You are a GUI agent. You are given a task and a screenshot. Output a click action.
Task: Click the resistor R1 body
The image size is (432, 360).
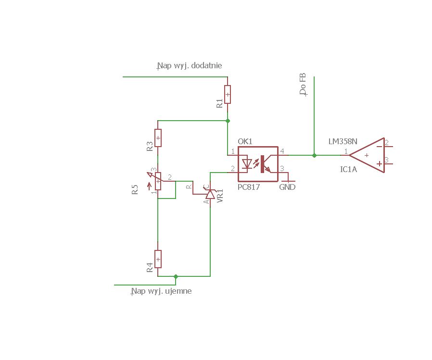click(228, 94)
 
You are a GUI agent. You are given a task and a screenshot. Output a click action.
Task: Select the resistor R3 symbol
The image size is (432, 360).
click(158, 137)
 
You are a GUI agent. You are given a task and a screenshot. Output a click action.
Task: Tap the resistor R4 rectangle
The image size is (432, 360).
click(158, 259)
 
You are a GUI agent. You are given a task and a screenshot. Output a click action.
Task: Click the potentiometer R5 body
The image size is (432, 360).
click(158, 181)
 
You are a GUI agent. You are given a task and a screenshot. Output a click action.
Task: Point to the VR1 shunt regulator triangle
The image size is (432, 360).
click(210, 194)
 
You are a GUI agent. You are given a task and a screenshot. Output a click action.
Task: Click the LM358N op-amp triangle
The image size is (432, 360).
click(367, 155)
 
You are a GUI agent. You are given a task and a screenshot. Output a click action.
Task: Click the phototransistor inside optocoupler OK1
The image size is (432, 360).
click(266, 164)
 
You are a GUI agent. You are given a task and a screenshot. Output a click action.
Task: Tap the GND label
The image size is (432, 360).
click(287, 187)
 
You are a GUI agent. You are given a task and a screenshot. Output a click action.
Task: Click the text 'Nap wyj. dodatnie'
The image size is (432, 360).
click(190, 65)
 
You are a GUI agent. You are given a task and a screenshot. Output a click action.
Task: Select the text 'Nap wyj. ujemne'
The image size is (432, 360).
click(162, 291)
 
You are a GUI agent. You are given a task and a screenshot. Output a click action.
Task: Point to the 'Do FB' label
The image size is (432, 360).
click(303, 84)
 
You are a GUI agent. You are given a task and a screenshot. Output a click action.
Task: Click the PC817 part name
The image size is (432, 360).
click(249, 187)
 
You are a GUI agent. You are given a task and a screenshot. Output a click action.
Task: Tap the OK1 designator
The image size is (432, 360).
click(245, 141)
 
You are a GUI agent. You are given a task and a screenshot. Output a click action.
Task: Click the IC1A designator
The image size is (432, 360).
click(348, 169)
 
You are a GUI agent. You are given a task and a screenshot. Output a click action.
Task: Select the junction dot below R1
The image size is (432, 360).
click(228, 121)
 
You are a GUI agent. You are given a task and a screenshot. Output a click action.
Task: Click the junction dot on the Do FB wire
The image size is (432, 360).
click(314, 156)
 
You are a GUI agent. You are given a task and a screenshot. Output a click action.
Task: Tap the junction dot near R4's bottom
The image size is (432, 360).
click(176, 276)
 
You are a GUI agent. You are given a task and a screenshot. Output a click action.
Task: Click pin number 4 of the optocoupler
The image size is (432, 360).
click(282, 151)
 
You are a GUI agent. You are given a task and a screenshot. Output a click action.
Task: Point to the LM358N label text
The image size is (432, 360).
click(343, 141)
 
